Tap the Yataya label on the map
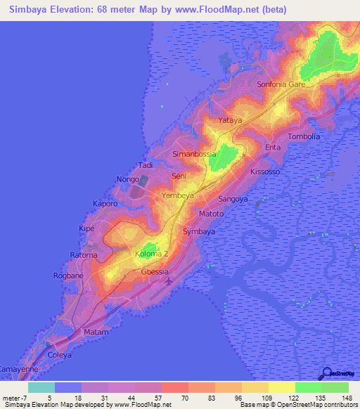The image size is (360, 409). [x=230, y=121]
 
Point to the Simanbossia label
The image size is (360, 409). [x=194, y=153]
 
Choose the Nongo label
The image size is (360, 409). [x=128, y=180]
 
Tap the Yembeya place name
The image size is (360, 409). [x=177, y=195]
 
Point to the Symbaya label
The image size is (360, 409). [x=199, y=231]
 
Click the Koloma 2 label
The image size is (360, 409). [x=152, y=254]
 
